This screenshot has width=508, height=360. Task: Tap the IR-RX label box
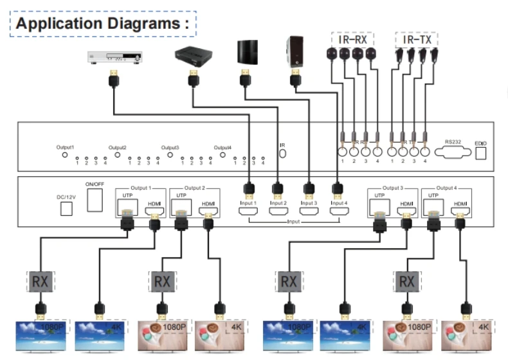click(x=352, y=39)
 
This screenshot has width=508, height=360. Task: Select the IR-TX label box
click(x=417, y=39)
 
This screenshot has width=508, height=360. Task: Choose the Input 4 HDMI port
click(x=336, y=212)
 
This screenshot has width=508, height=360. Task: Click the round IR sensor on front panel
click(x=282, y=155)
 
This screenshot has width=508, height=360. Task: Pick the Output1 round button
click(x=64, y=155)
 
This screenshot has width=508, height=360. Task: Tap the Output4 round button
click(x=223, y=155)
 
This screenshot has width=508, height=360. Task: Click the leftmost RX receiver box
click(x=40, y=281)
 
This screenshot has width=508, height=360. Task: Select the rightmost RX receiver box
click(x=406, y=281)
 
